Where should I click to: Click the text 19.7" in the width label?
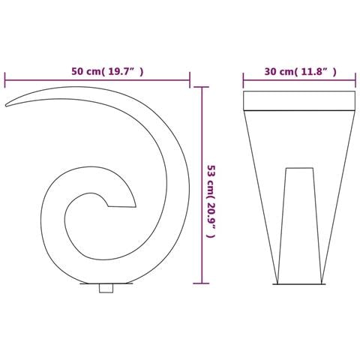(x=124, y=72)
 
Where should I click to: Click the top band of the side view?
(x=298, y=101)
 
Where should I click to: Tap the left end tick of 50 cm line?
(x=5, y=79)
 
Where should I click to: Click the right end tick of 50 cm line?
(x=190, y=79)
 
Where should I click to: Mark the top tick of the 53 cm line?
(x=200, y=88)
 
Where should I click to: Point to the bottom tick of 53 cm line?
(x=200, y=283)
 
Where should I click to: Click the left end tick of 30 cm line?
(x=244, y=79)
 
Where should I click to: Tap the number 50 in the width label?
(x=77, y=72)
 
